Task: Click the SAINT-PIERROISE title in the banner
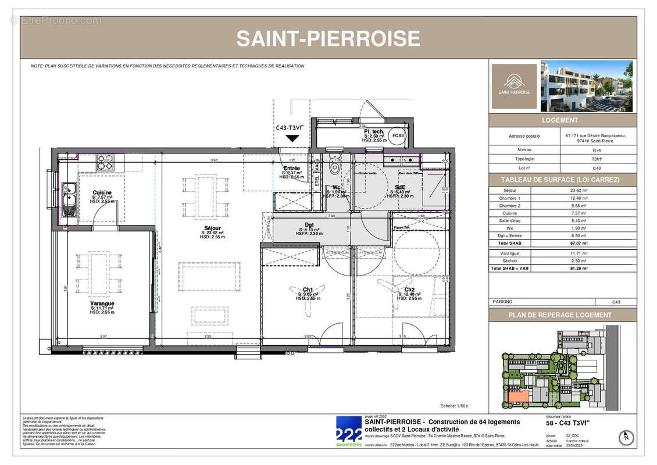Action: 328,39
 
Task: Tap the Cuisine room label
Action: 102,192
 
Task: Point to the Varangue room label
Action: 102,303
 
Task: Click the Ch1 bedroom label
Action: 308,289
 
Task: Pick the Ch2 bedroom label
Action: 409,289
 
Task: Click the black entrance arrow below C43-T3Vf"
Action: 293,138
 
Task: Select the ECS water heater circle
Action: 398,135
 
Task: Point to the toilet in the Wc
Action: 333,168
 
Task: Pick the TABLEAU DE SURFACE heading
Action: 562,180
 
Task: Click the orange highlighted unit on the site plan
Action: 517,396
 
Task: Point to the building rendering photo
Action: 587,86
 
